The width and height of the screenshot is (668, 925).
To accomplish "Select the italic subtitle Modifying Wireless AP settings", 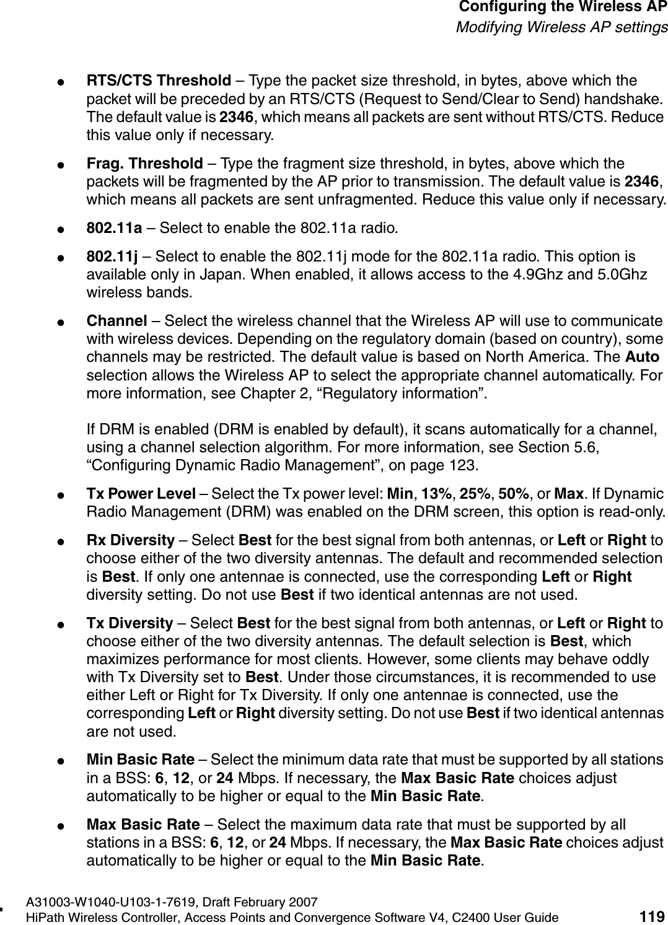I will [562, 27].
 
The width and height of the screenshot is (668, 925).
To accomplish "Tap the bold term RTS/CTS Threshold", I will [159, 81].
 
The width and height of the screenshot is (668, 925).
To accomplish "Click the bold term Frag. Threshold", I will [144, 164].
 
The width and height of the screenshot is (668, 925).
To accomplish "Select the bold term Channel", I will [116, 321].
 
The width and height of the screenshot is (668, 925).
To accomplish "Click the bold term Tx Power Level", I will [141, 494].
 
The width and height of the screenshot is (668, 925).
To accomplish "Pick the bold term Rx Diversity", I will [130, 540].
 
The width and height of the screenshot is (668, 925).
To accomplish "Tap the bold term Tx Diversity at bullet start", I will [130, 622].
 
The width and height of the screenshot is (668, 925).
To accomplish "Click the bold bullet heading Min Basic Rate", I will [140, 760].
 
